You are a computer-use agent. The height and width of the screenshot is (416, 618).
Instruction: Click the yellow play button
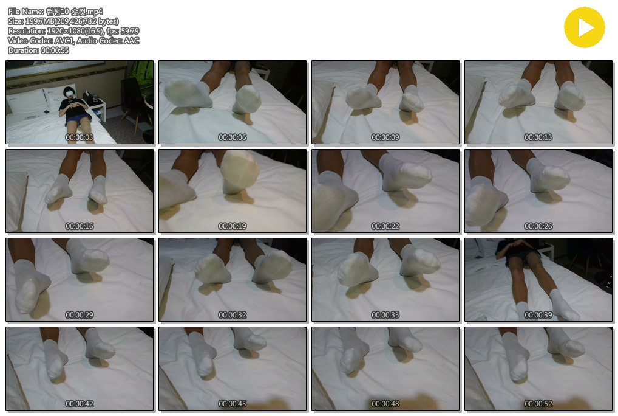(x=584, y=27)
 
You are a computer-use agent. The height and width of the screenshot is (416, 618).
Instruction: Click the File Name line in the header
(x=55, y=12)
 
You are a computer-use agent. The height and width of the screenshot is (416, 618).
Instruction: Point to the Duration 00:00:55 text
(x=38, y=50)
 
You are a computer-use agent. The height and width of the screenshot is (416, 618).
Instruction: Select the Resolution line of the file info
(x=73, y=31)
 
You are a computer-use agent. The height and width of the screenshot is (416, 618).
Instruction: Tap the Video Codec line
(x=73, y=41)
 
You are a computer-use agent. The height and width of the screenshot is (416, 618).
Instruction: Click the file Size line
(x=63, y=21)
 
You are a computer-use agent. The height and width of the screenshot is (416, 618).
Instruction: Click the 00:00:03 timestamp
(x=79, y=137)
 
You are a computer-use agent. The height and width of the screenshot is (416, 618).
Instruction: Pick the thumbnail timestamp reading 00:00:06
(x=232, y=137)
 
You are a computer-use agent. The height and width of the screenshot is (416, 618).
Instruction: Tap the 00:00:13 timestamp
(x=538, y=137)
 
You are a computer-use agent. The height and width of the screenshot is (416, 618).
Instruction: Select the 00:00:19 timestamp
(x=232, y=226)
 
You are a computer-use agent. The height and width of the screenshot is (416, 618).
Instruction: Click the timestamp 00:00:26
(x=538, y=226)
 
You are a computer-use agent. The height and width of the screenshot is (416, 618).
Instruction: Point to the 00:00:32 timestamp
(x=232, y=315)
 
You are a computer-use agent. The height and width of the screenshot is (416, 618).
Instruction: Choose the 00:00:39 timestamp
(x=538, y=315)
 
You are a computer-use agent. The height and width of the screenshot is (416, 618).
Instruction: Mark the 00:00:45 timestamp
(x=232, y=404)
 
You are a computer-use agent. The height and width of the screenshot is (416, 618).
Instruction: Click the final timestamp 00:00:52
(x=538, y=404)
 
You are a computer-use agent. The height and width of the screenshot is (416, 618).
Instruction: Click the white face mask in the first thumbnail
(x=70, y=94)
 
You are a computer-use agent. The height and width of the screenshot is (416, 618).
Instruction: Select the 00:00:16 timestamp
(x=79, y=226)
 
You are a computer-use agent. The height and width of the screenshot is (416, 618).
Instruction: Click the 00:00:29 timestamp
(x=79, y=315)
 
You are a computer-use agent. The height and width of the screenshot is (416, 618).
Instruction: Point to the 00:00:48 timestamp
(x=385, y=404)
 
